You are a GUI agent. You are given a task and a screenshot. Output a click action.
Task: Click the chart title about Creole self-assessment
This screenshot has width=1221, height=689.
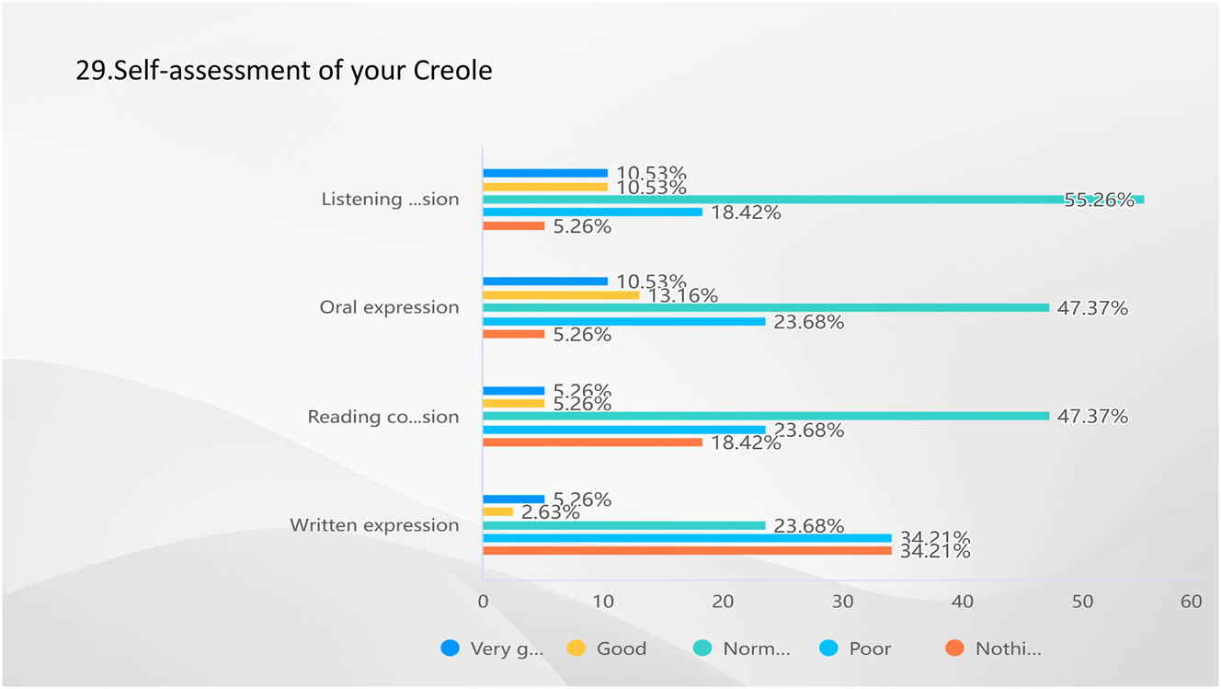pos(284,71)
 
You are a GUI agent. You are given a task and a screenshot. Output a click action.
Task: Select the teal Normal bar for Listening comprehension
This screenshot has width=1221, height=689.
pos(813,200)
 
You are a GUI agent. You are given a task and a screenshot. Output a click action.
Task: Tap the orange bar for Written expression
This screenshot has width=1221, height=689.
pos(687,551)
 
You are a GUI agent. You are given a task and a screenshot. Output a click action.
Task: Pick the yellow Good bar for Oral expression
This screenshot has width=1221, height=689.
pos(561,295)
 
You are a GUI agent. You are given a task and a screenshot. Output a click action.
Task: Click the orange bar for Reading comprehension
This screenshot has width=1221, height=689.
pos(592,442)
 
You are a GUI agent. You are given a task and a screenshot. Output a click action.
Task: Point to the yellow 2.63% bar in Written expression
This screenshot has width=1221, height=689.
pos(498,511)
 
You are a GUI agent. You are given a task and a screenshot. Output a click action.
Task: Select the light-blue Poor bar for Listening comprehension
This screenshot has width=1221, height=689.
pos(592,212)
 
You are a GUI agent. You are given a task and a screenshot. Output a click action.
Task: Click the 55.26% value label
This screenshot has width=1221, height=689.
pos(1099,200)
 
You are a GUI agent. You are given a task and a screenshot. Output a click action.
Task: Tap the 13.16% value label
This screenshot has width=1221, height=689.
pos(682,296)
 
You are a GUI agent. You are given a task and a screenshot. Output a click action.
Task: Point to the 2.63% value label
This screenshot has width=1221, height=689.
pos(550,512)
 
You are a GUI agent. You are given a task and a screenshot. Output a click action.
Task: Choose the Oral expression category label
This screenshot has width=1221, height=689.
pos(389,307)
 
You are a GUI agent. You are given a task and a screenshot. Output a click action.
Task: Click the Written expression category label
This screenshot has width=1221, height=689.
pos(374,525)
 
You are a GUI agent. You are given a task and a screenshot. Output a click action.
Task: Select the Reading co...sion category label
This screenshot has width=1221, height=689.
pos(382,417)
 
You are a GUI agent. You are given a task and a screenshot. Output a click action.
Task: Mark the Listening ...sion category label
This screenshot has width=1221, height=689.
pos(390,200)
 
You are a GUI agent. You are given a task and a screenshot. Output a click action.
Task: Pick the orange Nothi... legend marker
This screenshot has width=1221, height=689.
pos(955,649)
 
